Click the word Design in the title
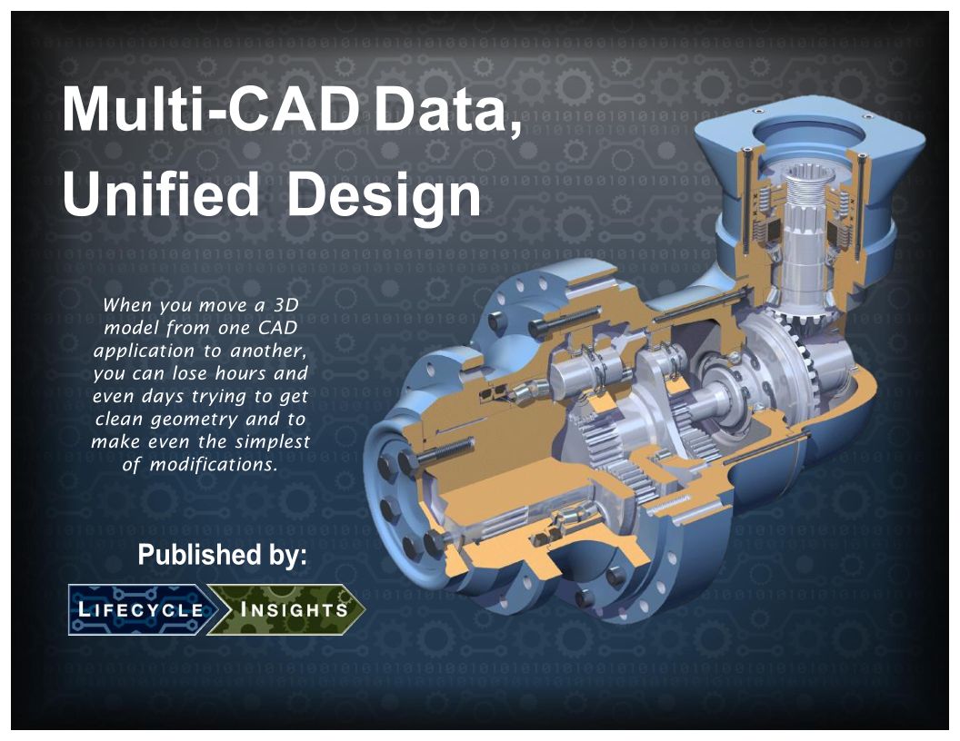tap(384, 193)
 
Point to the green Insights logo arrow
tap(286, 609)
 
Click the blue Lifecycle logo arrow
tap(143, 609)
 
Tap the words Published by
tap(222, 555)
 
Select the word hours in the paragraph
tap(241, 373)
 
